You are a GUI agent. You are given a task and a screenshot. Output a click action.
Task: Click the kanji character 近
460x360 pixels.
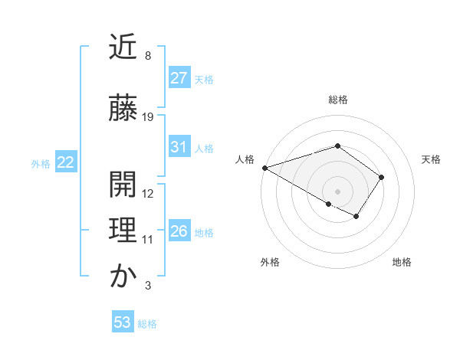pyautogui.click(x=123, y=47)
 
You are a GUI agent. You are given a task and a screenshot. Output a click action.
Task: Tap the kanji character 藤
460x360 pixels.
pyautogui.click(x=123, y=109)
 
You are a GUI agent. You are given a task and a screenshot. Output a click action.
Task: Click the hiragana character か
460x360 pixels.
pyautogui.click(x=123, y=277)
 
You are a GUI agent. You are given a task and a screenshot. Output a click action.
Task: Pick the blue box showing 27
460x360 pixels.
pyautogui.click(x=179, y=78)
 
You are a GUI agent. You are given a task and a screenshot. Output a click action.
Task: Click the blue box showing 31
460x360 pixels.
pyautogui.click(x=179, y=147)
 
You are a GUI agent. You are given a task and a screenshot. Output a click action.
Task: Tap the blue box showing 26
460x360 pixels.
pyautogui.click(x=179, y=231)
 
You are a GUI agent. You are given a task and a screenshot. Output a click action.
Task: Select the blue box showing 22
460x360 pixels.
pyautogui.click(x=66, y=162)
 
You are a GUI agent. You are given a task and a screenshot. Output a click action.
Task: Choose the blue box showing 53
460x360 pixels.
pyautogui.click(x=123, y=322)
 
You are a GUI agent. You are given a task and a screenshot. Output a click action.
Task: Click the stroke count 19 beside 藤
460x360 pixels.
pyautogui.click(x=148, y=117)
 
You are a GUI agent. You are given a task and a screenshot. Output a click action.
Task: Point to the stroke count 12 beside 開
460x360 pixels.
pyautogui.click(x=148, y=193)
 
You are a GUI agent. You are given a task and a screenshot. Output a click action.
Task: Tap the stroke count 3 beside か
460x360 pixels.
pyautogui.click(x=147, y=286)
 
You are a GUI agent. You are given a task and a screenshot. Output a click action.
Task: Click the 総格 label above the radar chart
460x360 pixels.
pyautogui.click(x=337, y=100)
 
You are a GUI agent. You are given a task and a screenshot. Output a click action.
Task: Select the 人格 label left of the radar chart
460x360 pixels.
pyautogui.click(x=245, y=159)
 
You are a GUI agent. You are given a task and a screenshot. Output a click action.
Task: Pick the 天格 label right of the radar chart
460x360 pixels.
pyautogui.click(x=432, y=159)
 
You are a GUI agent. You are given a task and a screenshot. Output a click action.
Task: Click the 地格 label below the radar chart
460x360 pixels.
pyautogui.click(x=402, y=262)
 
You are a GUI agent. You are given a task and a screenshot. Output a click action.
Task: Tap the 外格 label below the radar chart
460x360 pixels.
pyautogui.click(x=270, y=262)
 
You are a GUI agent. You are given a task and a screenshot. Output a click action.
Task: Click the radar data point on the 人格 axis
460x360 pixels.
pyautogui.click(x=264, y=167)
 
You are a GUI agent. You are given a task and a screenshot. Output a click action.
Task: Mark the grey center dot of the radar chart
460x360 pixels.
pyautogui.click(x=337, y=191)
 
